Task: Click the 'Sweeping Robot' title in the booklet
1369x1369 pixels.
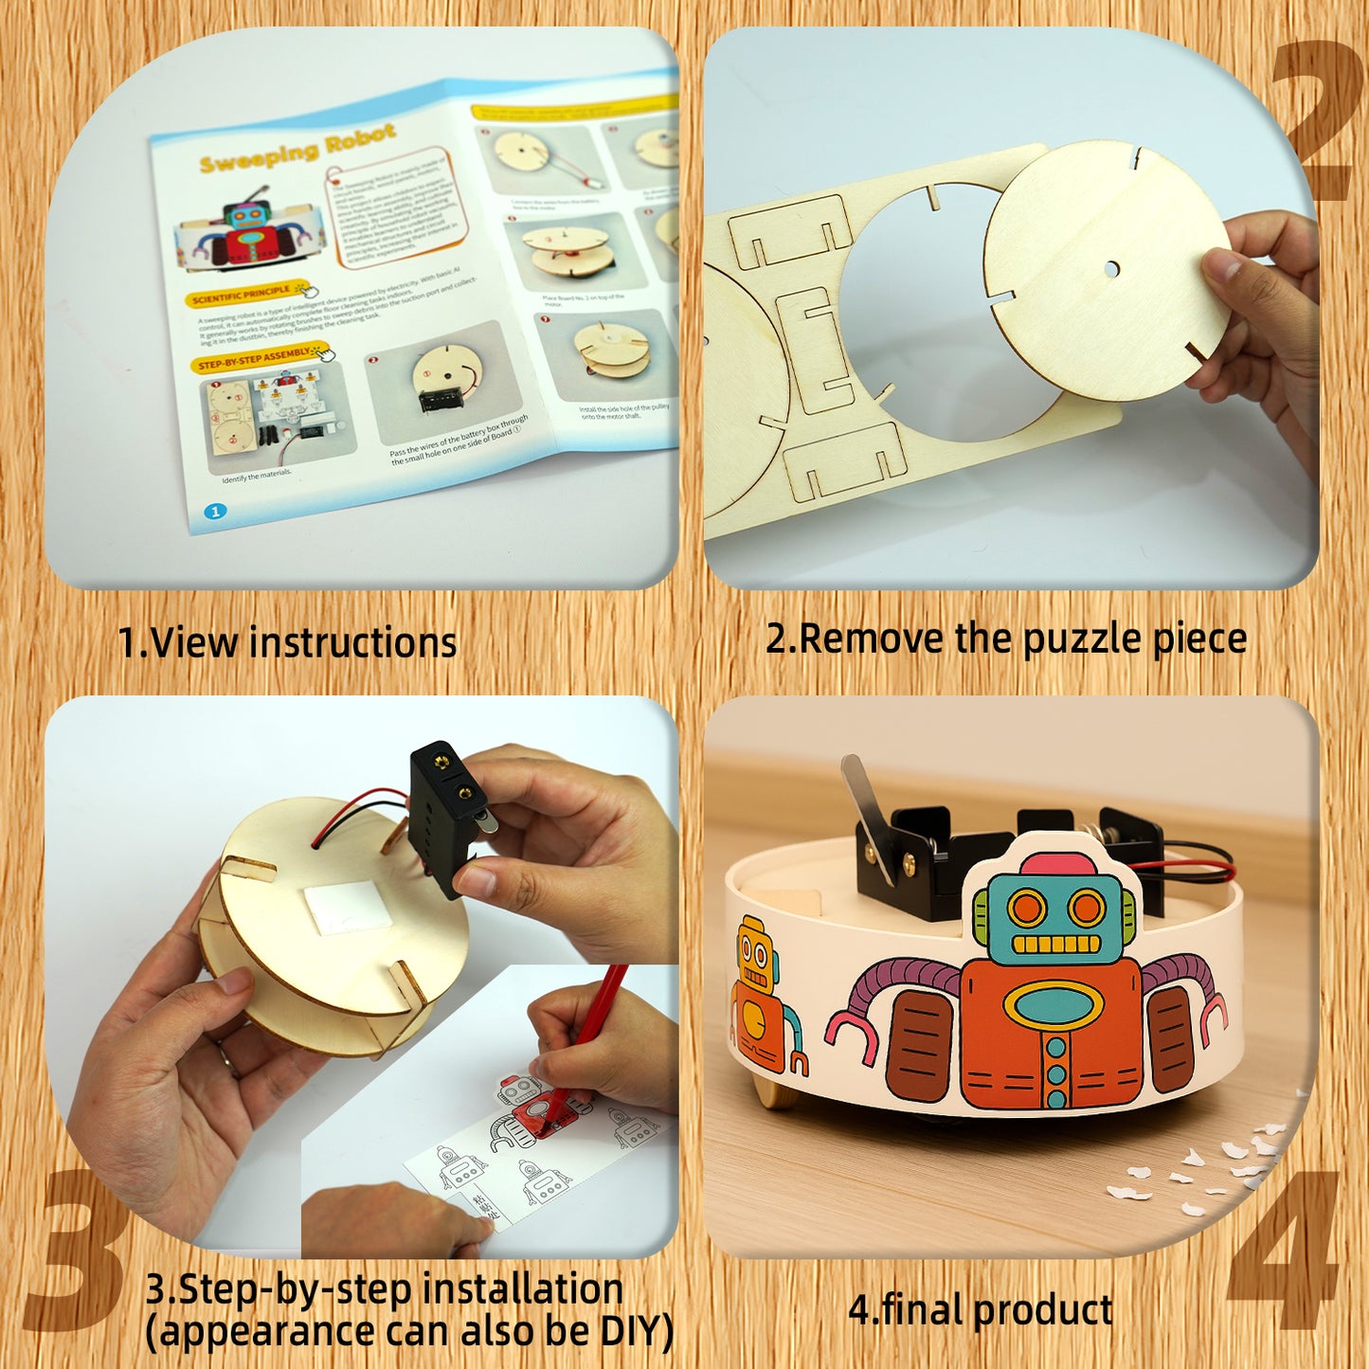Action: coord(297,149)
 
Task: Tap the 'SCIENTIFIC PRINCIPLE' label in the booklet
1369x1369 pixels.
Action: coord(242,295)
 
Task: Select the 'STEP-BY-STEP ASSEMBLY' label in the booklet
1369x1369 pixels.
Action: coord(254,358)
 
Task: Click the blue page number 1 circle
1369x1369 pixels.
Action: coord(215,512)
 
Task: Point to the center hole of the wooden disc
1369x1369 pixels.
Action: coord(1110,268)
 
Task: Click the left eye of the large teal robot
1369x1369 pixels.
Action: coord(1026,909)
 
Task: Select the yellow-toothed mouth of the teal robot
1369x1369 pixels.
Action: coord(1055,945)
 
